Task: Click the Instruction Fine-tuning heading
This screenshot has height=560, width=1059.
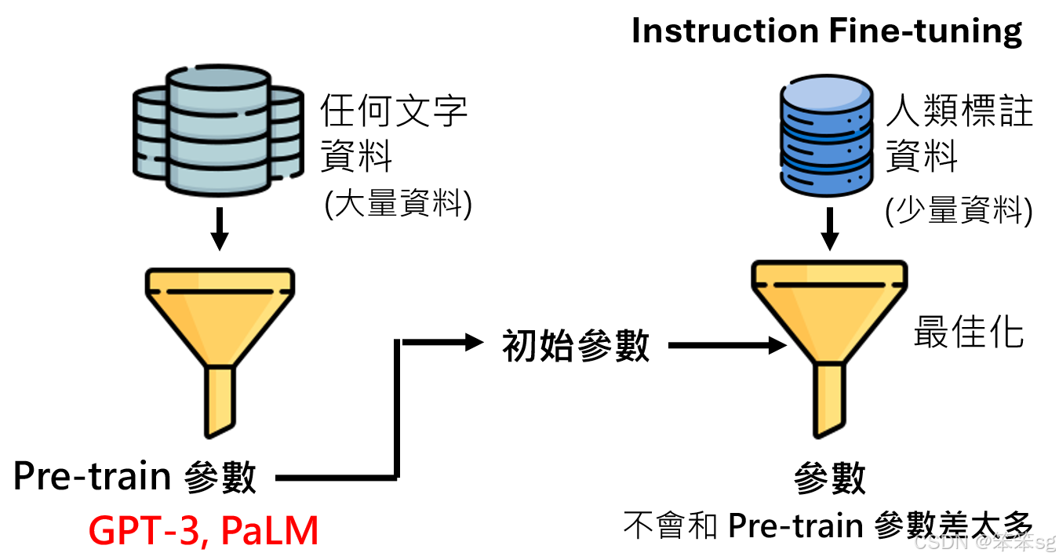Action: pyautogui.click(x=827, y=31)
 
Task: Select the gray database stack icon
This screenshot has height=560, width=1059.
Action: pyautogui.click(x=218, y=131)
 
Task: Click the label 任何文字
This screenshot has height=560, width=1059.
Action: pyautogui.click(x=395, y=111)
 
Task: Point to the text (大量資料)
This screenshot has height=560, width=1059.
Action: pyautogui.click(x=398, y=205)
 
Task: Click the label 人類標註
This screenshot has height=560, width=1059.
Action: pyautogui.click(x=959, y=113)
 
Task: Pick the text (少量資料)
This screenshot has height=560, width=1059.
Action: pyautogui.click(x=959, y=211)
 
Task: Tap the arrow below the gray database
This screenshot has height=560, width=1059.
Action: pyautogui.click(x=220, y=228)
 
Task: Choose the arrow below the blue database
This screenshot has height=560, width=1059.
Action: pyautogui.click(x=829, y=230)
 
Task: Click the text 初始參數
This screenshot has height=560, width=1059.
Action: pyautogui.click(x=577, y=346)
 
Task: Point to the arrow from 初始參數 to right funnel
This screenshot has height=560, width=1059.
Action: pyautogui.click(x=726, y=345)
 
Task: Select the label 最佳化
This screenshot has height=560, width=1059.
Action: pyautogui.click(x=969, y=332)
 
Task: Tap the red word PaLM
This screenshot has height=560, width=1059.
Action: pyautogui.click(x=270, y=531)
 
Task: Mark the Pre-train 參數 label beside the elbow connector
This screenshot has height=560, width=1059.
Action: pyautogui.click(x=135, y=477)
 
